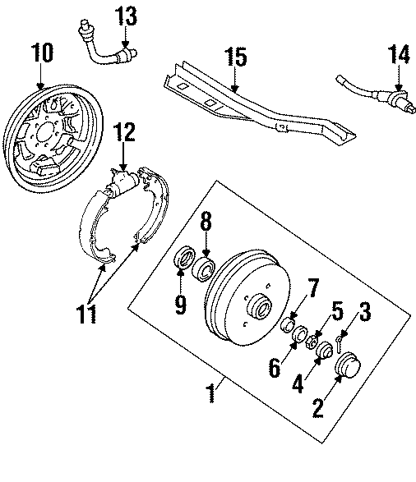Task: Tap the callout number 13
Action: (127, 15)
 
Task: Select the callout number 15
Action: (235, 57)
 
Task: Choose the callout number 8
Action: (206, 223)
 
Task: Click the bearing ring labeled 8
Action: (204, 268)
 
